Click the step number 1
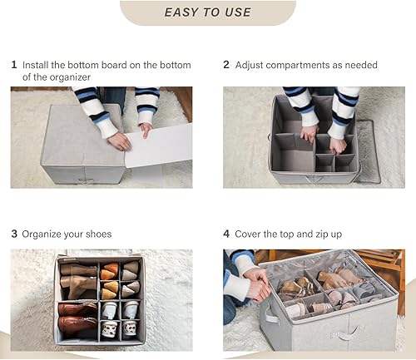[14, 65]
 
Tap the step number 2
[226, 65]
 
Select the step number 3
[14, 234]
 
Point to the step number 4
[226, 234]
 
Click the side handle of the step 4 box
[270, 316]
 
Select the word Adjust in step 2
[251, 65]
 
